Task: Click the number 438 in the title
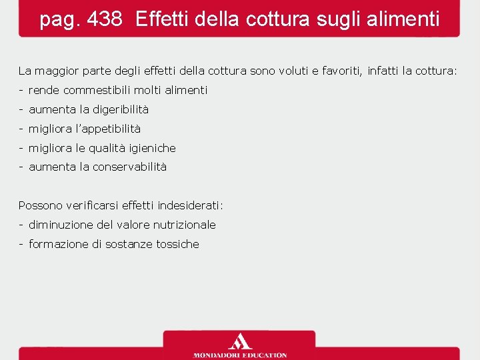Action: (104, 19)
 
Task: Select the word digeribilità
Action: (121, 109)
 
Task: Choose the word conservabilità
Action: (129, 167)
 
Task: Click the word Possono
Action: (39, 205)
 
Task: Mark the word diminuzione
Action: (61, 225)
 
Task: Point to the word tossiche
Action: (177, 244)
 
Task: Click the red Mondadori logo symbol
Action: (239, 341)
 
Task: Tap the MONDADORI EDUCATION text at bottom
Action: (239, 355)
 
